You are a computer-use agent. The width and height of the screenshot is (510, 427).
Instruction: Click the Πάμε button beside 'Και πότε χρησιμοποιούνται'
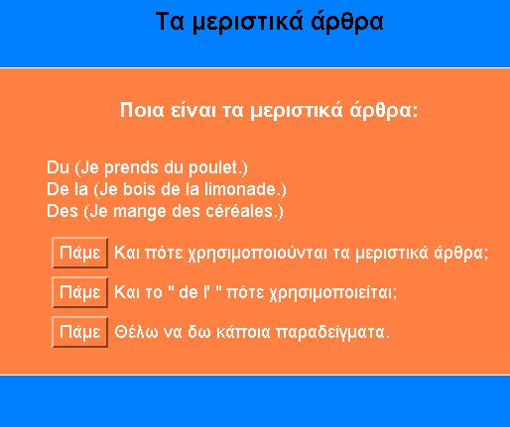pos(80,253)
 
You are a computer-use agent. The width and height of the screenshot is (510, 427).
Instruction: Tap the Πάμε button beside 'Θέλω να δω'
pos(80,332)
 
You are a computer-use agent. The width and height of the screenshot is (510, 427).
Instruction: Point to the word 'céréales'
pos(239,211)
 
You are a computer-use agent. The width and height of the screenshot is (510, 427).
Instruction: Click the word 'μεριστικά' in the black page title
pos(247,22)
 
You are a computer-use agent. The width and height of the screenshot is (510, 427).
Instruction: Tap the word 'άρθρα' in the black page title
pos(347,23)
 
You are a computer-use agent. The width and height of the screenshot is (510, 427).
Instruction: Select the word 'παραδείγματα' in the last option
pos(330,333)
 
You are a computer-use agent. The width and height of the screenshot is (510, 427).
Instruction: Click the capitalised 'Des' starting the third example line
pos(63,211)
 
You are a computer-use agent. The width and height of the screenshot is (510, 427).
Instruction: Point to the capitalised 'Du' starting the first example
pos(58,167)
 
